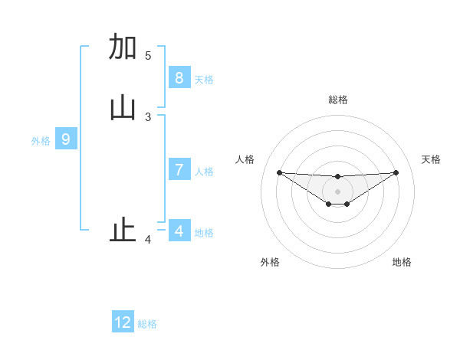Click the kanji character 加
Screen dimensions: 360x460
click(123, 47)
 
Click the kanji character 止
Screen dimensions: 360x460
click(123, 230)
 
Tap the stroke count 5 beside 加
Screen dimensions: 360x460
click(148, 56)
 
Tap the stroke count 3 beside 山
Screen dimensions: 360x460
click(148, 117)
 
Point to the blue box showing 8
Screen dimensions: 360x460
click(179, 78)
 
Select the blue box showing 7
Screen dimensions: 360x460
click(179, 170)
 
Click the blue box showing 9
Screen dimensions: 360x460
click(66, 139)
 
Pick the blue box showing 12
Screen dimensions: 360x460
click(123, 322)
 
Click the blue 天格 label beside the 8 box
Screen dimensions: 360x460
click(204, 80)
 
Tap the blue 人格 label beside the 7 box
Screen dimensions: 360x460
click(204, 172)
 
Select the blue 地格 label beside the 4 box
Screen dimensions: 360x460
click(204, 233)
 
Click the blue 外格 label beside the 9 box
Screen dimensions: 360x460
click(41, 141)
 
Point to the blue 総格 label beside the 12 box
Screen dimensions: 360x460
click(147, 324)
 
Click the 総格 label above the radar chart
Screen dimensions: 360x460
click(337, 100)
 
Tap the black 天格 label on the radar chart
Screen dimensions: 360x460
click(431, 159)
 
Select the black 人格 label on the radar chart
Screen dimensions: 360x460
click(245, 159)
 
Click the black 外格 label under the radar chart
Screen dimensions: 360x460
click(270, 262)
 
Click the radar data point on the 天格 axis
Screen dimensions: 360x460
click(396, 172)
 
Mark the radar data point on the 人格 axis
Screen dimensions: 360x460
click(279, 172)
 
